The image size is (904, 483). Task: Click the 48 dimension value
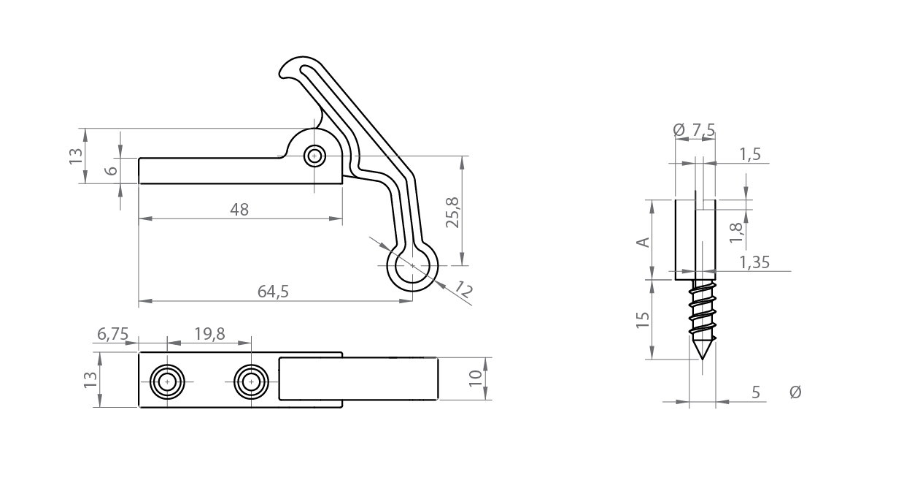[x=239, y=210]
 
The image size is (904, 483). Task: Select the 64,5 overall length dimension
[x=274, y=291]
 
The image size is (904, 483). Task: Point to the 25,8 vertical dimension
[x=452, y=212]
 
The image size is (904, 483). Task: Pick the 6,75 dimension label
[x=112, y=334]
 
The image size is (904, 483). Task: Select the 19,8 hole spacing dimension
[x=209, y=334]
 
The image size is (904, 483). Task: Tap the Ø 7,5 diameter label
[x=694, y=130]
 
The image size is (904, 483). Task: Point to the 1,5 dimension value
[x=749, y=153]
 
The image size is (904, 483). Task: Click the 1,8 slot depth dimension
[x=735, y=231]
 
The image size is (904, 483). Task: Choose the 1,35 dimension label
[x=754, y=262]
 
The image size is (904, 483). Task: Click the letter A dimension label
[x=644, y=241]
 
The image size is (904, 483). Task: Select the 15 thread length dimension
[x=643, y=319]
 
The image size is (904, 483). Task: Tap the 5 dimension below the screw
[x=755, y=392]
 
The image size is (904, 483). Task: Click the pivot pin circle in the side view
[x=315, y=156]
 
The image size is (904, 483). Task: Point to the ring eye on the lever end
[x=412, y=266]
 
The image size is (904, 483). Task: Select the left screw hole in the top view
[x=167, y=381]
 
